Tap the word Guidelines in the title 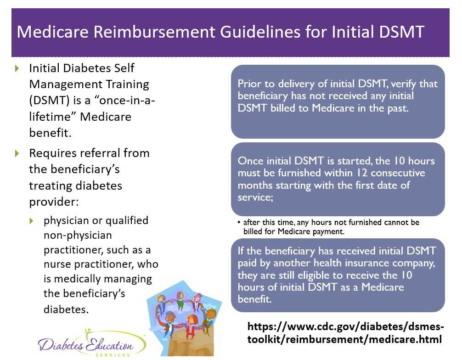coord(260,32)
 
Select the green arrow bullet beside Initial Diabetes coord(17,68)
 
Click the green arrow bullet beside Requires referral coord(17,153)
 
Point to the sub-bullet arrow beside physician coord(31,221)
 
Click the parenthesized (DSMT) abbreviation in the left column coord(49,101)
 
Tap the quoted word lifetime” coord(52,117)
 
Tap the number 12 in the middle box coord(362,173)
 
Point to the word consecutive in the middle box coord(398,173)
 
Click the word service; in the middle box coord(255,197)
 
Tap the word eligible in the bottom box coord(313,275)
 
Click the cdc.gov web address coord(345,333)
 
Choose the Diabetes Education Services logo coord(92,343)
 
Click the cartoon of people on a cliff coord(184,318)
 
